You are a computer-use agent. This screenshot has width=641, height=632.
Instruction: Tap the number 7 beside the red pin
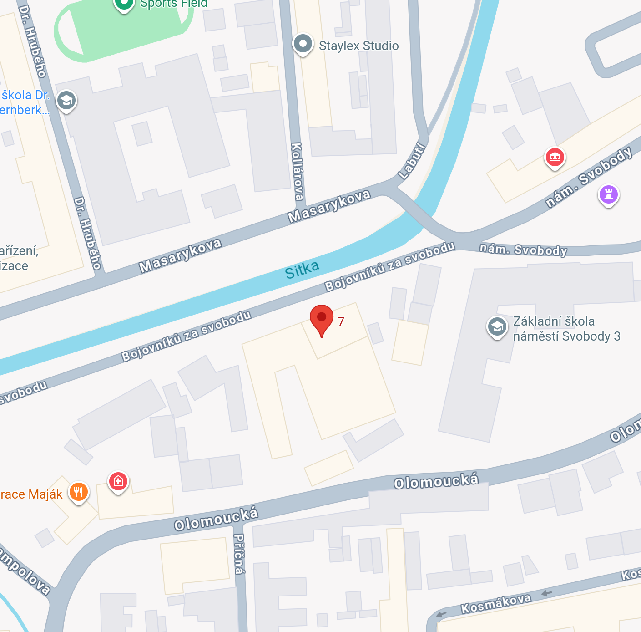[341, 321]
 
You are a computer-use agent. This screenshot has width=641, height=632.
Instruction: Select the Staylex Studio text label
[358, 46]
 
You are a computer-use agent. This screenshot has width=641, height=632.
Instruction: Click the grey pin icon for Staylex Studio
[303, 44]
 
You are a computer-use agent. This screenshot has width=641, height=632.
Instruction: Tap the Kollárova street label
[297, 171]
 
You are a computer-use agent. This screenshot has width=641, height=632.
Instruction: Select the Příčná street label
[239, 554]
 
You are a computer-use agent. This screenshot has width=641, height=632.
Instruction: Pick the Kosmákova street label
[496, 604]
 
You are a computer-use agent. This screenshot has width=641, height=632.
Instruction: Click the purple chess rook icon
[609, 194]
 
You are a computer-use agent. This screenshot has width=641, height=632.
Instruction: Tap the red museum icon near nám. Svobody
[555, 158]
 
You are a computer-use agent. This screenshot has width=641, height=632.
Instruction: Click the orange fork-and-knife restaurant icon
[79, 492]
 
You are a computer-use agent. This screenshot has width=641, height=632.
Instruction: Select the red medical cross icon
[118, 481]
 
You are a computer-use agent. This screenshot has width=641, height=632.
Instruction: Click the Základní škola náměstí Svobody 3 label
[566, 329]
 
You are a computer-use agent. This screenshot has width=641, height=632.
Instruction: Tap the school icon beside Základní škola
[497, 326]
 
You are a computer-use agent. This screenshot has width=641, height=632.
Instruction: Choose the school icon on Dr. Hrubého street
[66, 101]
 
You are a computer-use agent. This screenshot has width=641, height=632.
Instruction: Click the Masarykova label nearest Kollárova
[329, 206]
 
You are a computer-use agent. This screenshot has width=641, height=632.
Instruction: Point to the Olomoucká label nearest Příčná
[216, 519]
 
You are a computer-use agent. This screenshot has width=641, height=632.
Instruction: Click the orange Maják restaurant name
[31, 494]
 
